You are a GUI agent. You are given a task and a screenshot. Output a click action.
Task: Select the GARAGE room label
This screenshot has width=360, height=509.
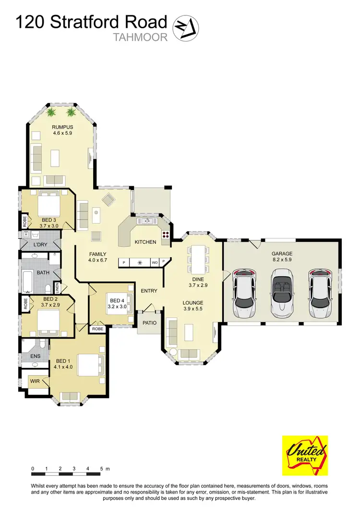(282, 254)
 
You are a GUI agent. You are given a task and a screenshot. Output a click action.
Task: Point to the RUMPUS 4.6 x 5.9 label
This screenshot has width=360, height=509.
(62, 130)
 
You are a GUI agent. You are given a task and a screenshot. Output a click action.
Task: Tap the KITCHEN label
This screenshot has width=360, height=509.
(145, 242)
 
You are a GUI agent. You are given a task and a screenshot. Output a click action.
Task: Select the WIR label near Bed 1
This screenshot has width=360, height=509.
(35, 381)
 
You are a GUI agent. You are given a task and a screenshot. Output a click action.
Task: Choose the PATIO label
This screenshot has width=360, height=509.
(149, 323)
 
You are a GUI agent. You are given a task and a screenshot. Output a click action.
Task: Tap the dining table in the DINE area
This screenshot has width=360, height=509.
(198, 260)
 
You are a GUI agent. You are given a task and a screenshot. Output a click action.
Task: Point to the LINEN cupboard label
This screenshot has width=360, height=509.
(58, 287)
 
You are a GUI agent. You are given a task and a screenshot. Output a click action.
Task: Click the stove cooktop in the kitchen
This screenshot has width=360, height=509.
(166, 235)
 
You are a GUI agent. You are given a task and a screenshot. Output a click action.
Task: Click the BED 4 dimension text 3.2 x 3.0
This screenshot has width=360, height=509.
(117, 306)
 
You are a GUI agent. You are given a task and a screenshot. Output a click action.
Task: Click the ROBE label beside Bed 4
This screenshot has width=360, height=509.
(97, 330)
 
